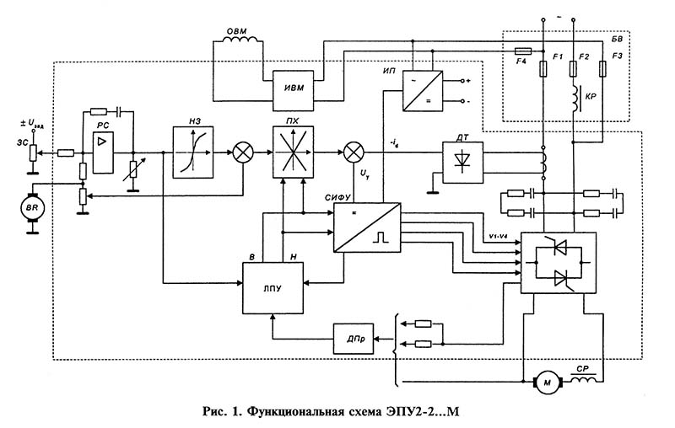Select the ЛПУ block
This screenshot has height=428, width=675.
(270, 286)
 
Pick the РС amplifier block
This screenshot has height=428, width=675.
(104, 148)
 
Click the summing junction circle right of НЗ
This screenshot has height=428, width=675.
(244, 152)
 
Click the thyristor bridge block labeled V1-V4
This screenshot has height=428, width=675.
(558, 262)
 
